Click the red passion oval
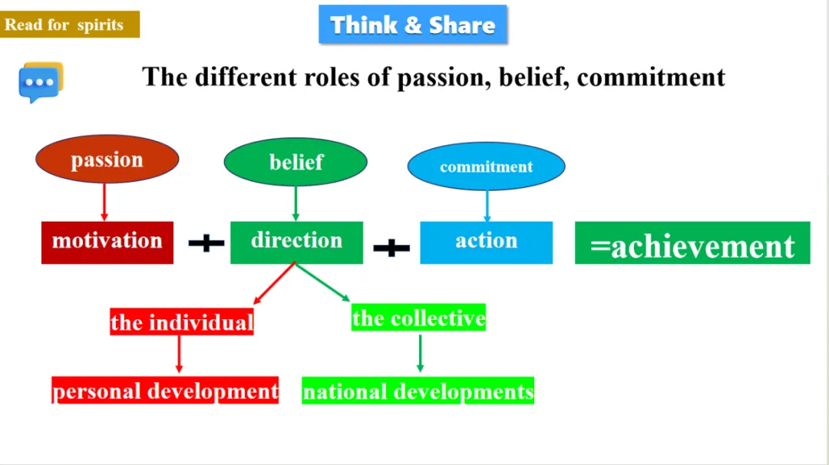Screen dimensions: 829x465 coord(107,160)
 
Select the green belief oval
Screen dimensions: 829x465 coord(296,162)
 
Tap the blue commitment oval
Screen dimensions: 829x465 coord(486,167)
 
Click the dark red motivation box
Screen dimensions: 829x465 coord(107,242)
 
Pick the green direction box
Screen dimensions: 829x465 coord(296,242)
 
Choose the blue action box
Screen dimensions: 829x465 coord(486,242)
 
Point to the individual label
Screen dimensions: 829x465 coord(182,322)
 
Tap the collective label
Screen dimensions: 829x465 coord(418,318)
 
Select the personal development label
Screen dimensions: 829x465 coord(165,391)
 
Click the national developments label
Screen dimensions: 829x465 coord(418,391)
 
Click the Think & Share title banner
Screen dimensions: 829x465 coord(413,25)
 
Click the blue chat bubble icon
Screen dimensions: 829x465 coord(39,83)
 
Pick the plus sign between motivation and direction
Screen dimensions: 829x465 coord(206,244)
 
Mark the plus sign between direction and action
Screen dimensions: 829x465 coord(391,248)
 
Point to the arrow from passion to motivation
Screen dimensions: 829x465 coord(104,202)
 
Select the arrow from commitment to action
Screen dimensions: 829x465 coord(487,206)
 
